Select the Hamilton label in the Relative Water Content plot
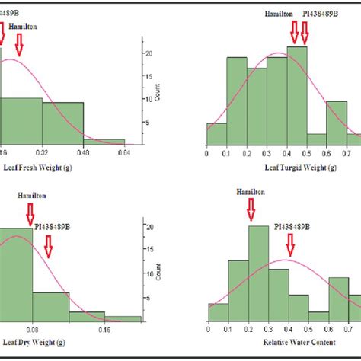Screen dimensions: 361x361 pos(252,193)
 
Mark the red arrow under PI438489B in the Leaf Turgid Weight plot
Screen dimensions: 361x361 pos(305,32)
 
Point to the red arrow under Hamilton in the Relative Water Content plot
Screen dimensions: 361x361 pos(252,212)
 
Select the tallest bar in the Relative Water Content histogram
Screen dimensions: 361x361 pos(252,274)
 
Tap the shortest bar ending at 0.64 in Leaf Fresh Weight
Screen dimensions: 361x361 pos(104,142)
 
